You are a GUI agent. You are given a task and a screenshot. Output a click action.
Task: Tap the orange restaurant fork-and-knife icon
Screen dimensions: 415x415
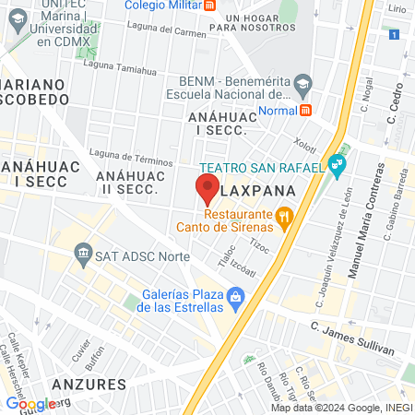click(285, 218)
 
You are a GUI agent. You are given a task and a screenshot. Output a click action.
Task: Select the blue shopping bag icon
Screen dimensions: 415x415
click(236, 297)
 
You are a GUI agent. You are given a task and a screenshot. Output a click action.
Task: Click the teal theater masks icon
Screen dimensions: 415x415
click(338, 167)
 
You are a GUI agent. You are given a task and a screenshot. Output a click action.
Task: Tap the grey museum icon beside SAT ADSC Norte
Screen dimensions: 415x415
click(84, 254)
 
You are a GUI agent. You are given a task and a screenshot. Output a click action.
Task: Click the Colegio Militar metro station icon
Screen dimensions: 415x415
click(211, 6)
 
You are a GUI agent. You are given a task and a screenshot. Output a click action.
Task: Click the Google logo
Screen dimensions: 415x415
click(30, 403)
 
